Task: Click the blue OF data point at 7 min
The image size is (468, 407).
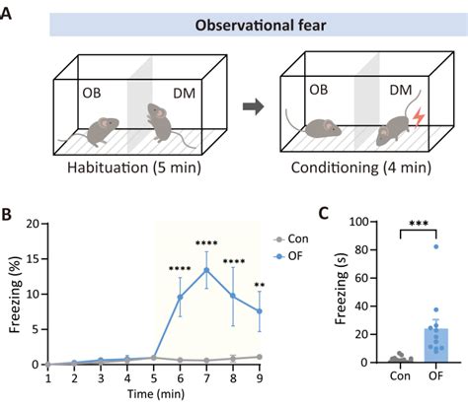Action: (x=206, y=270)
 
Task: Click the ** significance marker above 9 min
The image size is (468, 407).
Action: (x=261, y=287)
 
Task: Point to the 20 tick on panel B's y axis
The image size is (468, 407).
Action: (x=34, y=224)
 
